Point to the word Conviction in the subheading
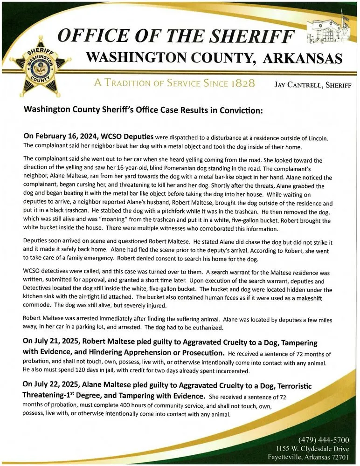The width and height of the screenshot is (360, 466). pos(235,111)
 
